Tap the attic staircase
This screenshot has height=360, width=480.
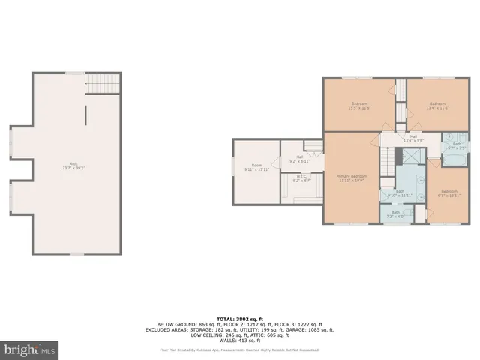[102, 82]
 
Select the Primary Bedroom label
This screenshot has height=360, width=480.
[352, 178]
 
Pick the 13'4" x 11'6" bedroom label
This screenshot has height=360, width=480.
[437, 106]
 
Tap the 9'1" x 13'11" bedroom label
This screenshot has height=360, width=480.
[449, 193]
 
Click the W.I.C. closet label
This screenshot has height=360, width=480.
[300, 179]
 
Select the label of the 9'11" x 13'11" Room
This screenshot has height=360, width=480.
[257, 167]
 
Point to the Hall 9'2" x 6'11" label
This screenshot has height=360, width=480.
[300, 160]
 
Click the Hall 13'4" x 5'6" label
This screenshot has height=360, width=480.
[413, 138]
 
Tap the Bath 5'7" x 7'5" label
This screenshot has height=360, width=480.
[457, 146]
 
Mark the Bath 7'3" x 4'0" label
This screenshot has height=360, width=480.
[395, 214]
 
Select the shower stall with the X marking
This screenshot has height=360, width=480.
[412, 157]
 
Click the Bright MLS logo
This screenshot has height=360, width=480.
[30, 349]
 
